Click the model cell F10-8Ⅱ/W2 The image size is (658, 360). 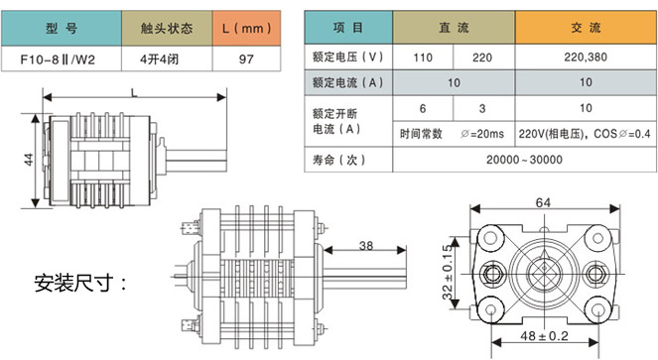[x=62, y=59]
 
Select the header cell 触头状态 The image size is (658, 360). [x=167, y=28]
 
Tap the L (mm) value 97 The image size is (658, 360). [x=246, y=59]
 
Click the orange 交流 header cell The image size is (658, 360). [x=586, y=28]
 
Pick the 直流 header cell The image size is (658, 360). [x=454, y=28]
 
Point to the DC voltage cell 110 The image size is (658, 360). [x=423, y=58]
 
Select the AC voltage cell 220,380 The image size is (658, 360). [x=586, y=58]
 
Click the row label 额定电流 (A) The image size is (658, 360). [x=348, y=82]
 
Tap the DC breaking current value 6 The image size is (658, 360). [x=423, y=109]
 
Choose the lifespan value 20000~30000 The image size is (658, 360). [x=524, y=160]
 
